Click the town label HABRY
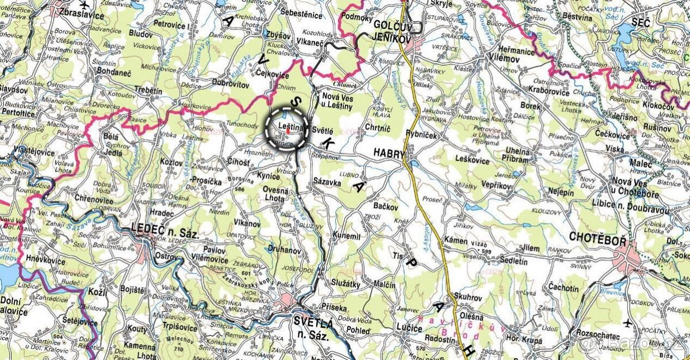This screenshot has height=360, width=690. point(389,154)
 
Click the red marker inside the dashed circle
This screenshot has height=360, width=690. point(287,131)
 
